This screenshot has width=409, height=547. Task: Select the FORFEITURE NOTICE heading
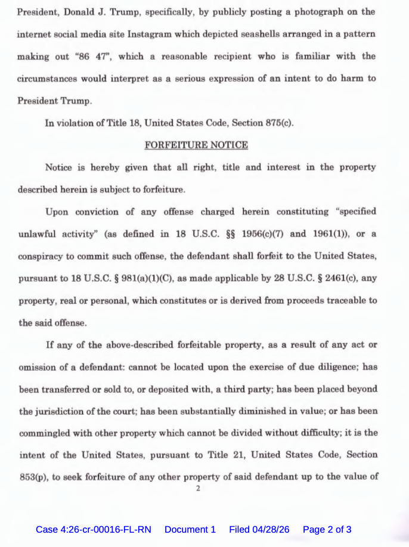tap(196, 145)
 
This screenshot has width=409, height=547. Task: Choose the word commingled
tap(45, 433)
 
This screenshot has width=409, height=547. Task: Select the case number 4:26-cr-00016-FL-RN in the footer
tap(94, 529)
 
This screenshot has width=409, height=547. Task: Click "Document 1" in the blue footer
tap(190, 529)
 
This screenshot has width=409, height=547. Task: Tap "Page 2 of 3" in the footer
tap(327, 529)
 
